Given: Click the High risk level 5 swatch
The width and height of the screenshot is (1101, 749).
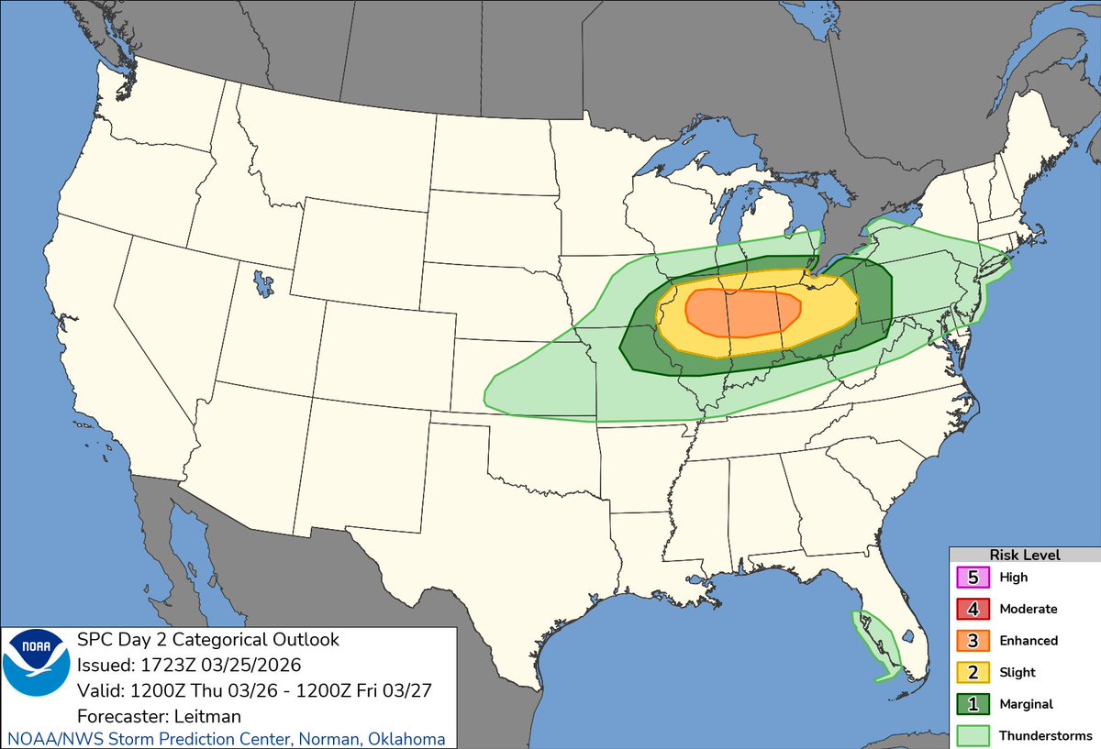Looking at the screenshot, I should click(x=973, y=578).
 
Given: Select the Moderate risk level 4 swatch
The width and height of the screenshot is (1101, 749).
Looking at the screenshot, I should click(x=973, y=609).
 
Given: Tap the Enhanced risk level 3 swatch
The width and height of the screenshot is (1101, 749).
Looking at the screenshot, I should click(x=973, y=640).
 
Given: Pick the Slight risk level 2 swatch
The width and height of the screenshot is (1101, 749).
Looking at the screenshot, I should click(x=973, y=672).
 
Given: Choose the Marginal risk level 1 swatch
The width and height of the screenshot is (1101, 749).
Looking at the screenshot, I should click(x=973, y=703).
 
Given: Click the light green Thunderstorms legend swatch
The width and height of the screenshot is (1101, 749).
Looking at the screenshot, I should click(x=973, y=735).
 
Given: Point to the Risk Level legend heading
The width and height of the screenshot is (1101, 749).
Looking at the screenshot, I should click(x=1024, y=555).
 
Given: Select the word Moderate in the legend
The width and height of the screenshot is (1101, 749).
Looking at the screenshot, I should click(x=1029, y=609).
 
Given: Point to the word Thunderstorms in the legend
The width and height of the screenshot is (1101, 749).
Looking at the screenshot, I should click(x=1045, y=735).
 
